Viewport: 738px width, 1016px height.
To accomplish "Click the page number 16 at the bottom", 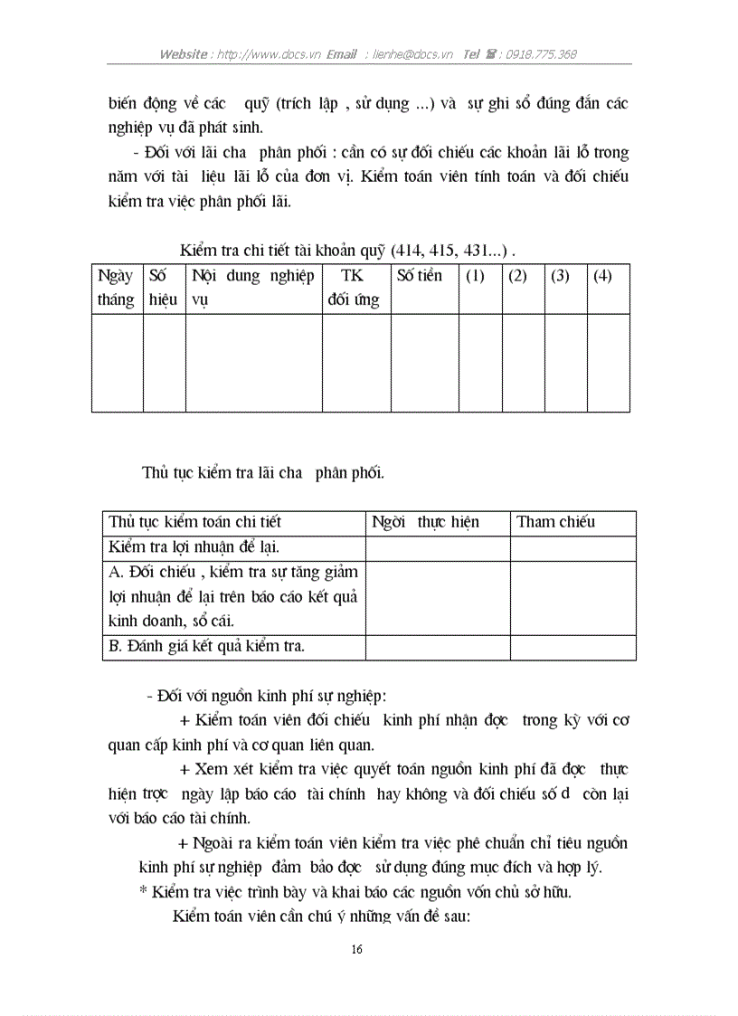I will (x=355, y=949).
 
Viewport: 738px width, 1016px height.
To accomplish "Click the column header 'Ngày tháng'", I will (x=116, y=288).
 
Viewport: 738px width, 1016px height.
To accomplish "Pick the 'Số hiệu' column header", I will (x=164, y=288).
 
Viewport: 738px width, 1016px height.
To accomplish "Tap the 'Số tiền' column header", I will (x=421, y=276).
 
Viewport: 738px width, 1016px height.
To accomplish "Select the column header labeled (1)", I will (x=475, y=276).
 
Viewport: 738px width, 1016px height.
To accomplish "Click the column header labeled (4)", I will (x=602, y=276).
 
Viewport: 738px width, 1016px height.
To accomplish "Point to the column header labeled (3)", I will (x=560, y=276).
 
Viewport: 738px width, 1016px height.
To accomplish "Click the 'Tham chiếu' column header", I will (x=555, y=522).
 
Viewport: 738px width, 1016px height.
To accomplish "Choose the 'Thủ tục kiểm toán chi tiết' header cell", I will (x=195, y=522).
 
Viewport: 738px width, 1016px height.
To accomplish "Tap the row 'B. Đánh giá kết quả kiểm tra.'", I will (x=206, y=646).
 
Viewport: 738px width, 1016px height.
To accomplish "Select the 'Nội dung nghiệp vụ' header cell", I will (x=252, y=288).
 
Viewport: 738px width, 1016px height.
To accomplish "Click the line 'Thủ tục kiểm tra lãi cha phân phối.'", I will (x=263, y=471).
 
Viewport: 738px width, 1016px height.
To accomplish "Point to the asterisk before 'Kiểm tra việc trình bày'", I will (x=143, y=892).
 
